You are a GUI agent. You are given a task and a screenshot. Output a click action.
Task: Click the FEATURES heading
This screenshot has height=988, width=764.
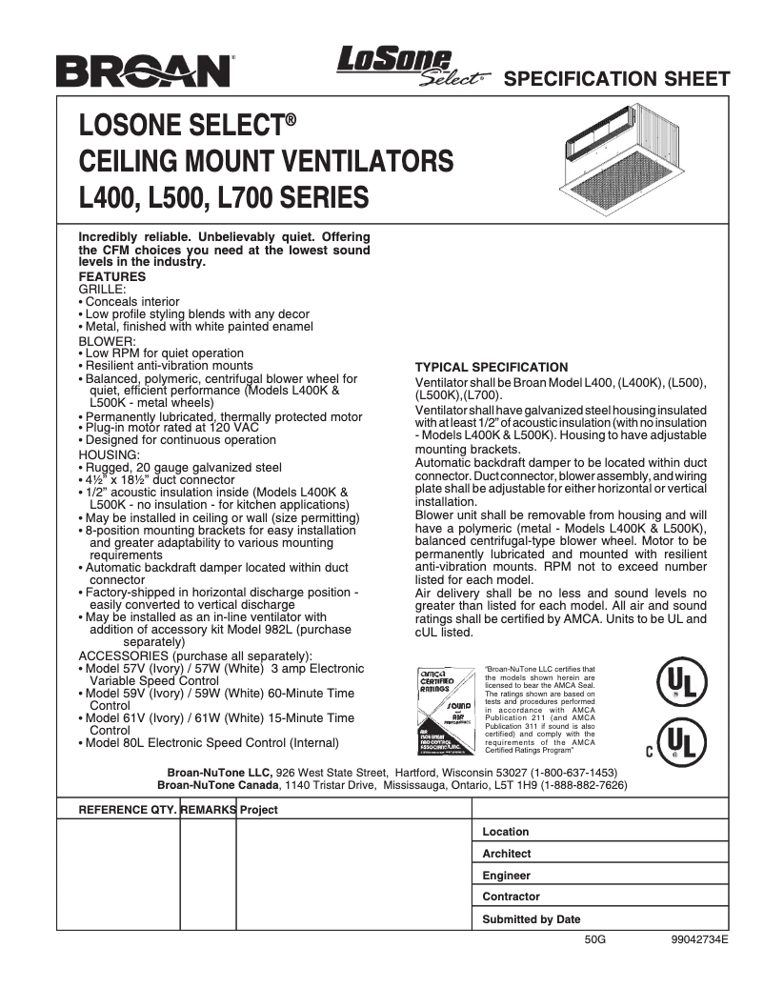click(x=111, y=276)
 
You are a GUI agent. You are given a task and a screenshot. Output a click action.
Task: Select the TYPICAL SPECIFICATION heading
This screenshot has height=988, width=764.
click(x=492, y=367)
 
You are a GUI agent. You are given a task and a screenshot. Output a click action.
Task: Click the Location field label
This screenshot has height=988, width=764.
click(x=506, y=832)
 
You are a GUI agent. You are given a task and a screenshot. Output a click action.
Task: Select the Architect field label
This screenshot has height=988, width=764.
click(x=507, y=854)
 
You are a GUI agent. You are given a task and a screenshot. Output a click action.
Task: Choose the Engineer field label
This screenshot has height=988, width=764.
click(x=506, y=876)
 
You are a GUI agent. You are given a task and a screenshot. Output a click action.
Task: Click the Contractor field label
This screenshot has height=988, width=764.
click(x=510, y=897)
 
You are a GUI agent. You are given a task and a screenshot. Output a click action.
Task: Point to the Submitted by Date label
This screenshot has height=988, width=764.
click(x=531, y=919)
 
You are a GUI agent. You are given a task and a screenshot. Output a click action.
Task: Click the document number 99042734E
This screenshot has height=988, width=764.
click(x=699, y=938)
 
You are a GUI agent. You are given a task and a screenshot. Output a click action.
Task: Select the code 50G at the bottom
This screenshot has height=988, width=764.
click(x=595, y=938)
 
